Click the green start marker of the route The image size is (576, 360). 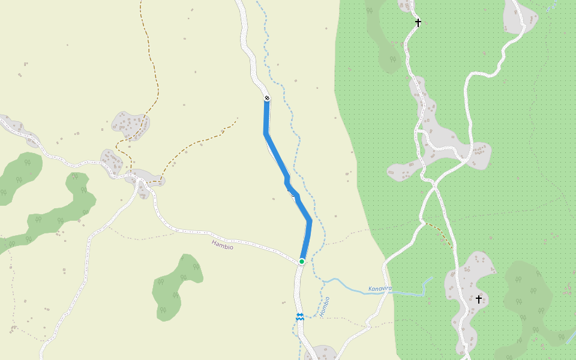point(302,261)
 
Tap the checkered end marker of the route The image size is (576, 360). point(267,98)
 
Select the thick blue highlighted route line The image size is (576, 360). point(276,156)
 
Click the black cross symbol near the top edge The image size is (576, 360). point(418,23)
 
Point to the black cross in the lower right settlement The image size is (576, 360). point(479,298)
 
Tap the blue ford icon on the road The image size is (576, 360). point(299,317)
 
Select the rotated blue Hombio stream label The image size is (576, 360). point(325,307)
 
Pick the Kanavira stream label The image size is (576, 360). point(380,289)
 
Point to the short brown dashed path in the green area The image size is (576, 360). point(441,234)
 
